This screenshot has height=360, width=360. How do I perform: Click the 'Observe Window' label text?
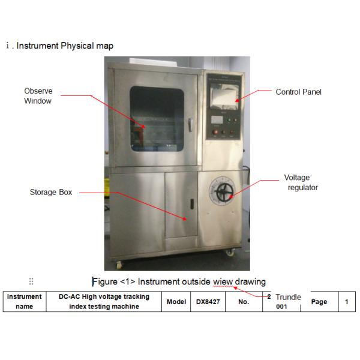click(38, 96)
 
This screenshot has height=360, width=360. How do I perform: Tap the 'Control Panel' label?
click(299, 92)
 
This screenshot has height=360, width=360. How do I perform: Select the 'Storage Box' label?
click(51, 193)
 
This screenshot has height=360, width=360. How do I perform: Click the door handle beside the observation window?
click(190, 125)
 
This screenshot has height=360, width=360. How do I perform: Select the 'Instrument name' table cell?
click(25, 302)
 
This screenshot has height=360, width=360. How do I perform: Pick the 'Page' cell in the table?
click(319, 302)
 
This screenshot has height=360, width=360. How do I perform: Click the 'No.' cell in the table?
click(244, 302)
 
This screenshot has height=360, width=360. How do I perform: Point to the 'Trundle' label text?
click(288, 298)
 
